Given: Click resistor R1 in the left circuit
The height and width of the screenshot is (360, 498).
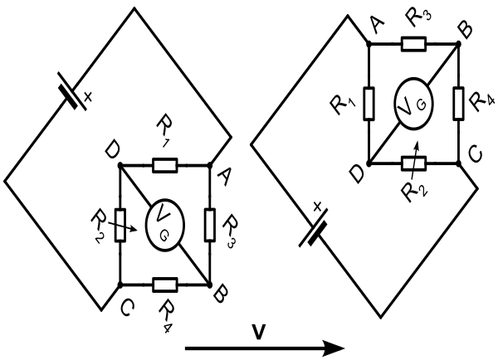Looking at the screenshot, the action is click(x=165, y=165).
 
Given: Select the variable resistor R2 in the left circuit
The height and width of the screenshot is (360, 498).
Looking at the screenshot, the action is click(x=120, y=225).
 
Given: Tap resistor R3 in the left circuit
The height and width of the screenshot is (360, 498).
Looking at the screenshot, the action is click(x=210, y=225).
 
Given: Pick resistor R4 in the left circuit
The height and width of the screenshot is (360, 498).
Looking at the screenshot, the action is click(x=165, y=285).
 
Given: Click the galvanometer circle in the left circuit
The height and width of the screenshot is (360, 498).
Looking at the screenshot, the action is click(x=165, y=225).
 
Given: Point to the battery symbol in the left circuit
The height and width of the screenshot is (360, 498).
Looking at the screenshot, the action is click(x=71, y=91).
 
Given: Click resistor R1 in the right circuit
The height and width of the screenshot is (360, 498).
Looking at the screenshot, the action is click(x=369, y=104).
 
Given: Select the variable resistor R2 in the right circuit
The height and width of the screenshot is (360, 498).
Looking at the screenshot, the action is click(x=413, y=163).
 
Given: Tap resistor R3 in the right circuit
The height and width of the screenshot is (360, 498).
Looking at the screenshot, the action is click(x=413, y=43).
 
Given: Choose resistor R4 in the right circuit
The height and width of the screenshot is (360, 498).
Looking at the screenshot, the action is click(x=458, y=104).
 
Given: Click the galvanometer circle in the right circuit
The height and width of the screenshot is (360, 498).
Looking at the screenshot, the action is click(x=413, y=104).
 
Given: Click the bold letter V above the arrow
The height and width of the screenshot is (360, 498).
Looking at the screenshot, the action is click(x=259, y=332).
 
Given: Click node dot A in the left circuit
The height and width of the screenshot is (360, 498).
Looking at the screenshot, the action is click(x=210, y=165).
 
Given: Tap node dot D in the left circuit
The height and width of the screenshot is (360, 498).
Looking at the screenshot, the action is click(x=120, y=165).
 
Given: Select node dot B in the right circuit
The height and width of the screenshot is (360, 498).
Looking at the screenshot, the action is click(x=458, y=43).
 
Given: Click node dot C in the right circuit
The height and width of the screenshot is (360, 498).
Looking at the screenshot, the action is click(x=458, y=163).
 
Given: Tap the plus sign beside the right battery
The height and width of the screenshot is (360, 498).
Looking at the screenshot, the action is click(x=317, y=207).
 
